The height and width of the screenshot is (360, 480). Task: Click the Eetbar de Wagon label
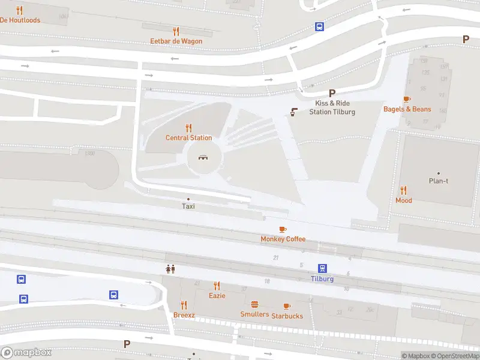pos(176,41)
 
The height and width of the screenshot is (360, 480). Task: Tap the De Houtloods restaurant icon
pos(20,10)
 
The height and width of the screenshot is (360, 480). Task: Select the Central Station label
pos(188,138)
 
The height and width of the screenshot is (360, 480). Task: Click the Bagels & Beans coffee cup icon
pos(407,99)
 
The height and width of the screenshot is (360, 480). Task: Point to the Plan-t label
pos(439,181)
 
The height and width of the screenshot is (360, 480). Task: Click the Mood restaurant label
pos(404,200)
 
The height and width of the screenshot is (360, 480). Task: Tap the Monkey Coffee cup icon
pos(283,229)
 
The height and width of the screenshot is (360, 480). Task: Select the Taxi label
pos(188,206)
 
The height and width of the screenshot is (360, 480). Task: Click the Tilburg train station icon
pos(322,268)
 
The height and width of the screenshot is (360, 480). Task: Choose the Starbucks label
pos(287,316)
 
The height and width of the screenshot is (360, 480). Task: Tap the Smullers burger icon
pos(254,304)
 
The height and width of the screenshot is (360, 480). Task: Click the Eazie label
pos(217,296)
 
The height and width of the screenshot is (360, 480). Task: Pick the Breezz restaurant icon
pos(184,305)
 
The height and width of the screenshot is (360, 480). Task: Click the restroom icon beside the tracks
pos(170,269)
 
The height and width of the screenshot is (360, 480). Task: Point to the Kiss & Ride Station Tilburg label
pos(332,107)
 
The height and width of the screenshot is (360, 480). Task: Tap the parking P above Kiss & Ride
pos(332,93)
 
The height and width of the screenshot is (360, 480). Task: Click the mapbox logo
pos(26,353)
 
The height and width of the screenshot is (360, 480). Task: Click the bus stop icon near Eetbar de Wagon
pos(320,26)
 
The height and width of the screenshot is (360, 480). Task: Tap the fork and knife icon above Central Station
pos(188,127)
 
